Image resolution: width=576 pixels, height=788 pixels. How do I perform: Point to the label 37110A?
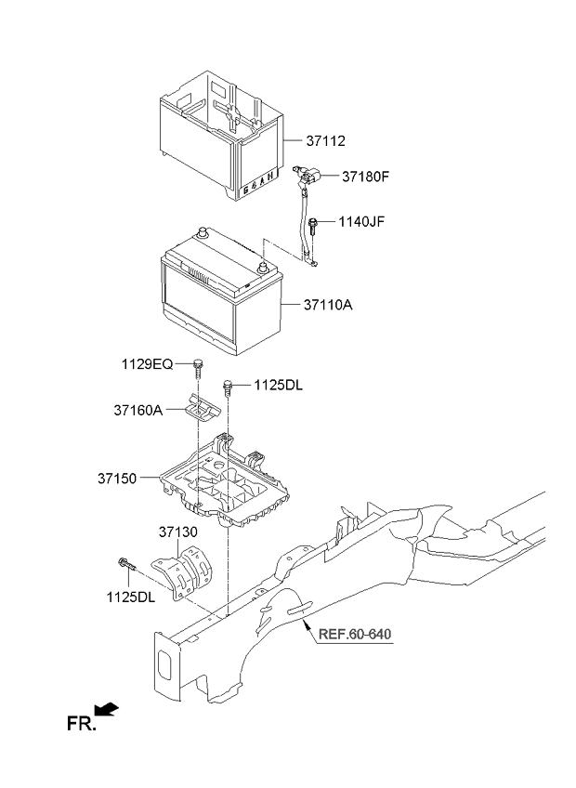tap(329, 304)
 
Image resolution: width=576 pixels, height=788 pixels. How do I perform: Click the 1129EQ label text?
tap(145, 364)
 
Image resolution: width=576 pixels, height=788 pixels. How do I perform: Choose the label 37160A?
tap(139, 409)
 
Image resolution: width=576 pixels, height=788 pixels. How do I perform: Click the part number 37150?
tap(116, 479)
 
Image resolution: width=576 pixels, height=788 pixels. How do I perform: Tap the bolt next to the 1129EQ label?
tap(199, 369)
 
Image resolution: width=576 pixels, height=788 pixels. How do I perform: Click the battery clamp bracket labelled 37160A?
tap(200, 407)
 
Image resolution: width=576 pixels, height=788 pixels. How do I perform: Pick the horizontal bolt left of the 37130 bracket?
tap(126, 563)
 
